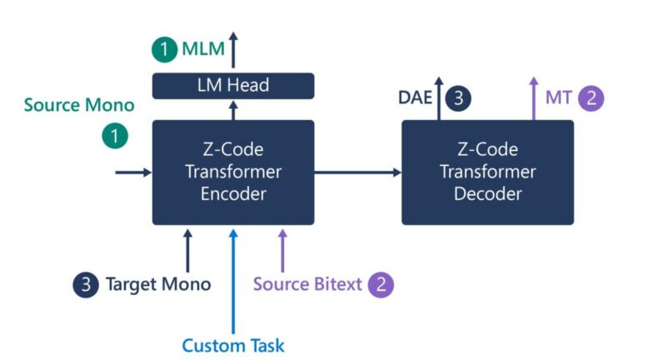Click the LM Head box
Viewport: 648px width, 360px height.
point(232,85)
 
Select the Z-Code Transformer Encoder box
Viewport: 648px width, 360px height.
point(232,172)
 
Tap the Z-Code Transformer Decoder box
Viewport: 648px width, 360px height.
point(487,172)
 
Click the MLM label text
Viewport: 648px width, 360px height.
point(204,49)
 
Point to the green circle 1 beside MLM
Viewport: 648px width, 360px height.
point(165,50)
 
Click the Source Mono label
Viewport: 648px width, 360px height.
point(79,105)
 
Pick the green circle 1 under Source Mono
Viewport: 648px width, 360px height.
point(115,136)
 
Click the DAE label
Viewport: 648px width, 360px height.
point(416,98)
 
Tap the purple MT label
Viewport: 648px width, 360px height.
point(558,97)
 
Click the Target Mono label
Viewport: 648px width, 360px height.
point(157,284)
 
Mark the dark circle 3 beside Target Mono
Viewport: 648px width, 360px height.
point(86,284)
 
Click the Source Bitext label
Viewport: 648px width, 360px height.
point(307,284)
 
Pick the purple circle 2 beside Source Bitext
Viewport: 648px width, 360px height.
point(381,284)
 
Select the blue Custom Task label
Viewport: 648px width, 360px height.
point(233,344)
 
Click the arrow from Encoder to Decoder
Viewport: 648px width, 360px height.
point(357,172)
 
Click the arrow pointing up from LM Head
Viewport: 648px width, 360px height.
point(233,50)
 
